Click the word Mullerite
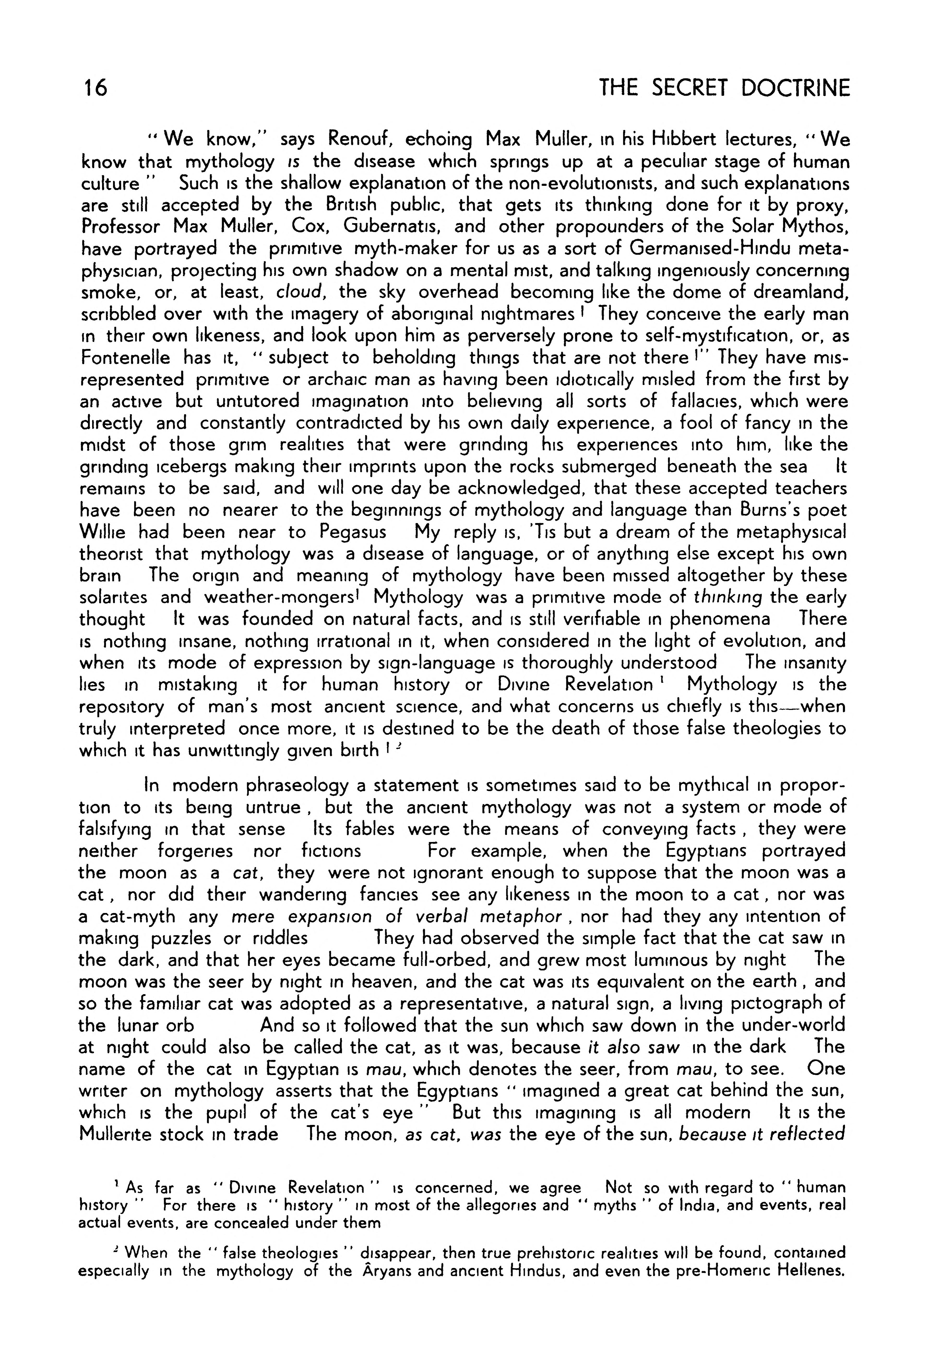pos(117,1134)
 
